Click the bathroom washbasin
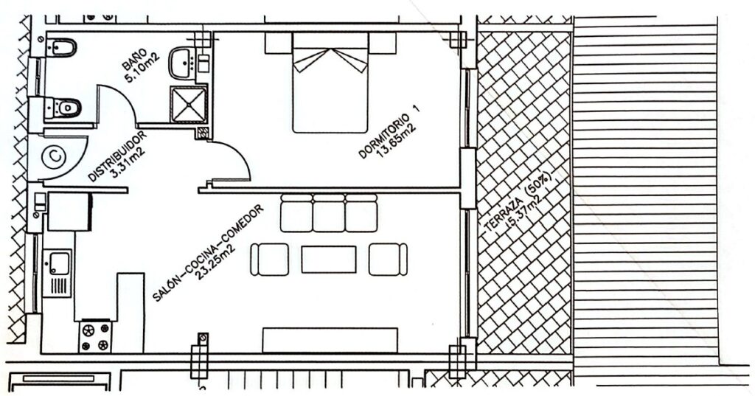point(182,63)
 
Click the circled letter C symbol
point(54,157)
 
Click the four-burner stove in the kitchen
point(95,336)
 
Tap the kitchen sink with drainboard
point(58,272)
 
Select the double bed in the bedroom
point(330,83)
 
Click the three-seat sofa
point(329,213)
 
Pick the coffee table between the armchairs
point(329,259)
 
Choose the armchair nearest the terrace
point(388,259)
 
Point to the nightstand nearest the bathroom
point(279,44)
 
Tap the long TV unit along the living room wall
point(330,340)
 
